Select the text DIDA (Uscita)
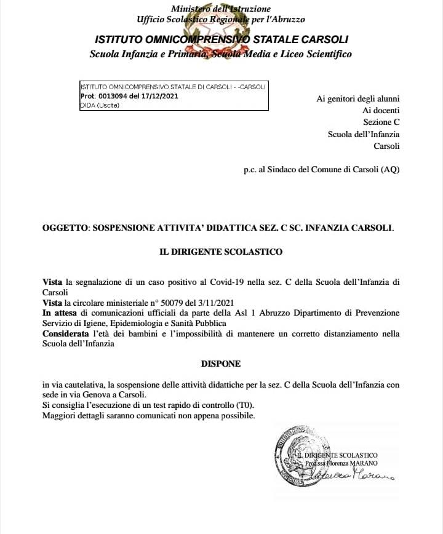(x=100, y=105)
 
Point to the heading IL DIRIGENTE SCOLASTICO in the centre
(x=221, y=252)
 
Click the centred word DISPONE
(x=221, y=364)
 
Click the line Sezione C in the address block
(x=381, y=122)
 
